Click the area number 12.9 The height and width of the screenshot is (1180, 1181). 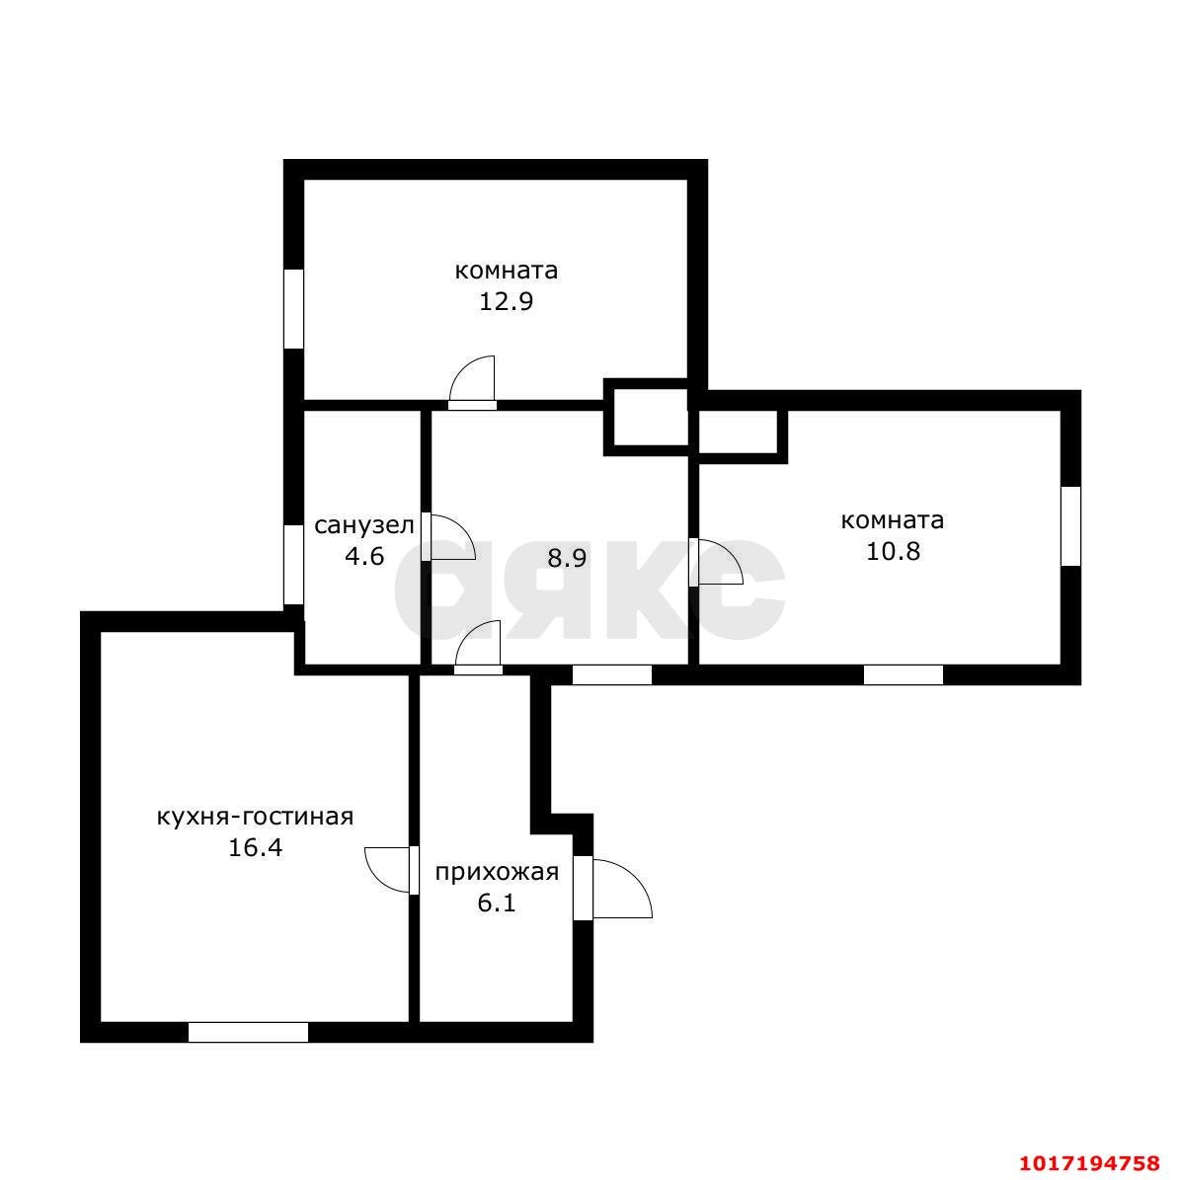(x=507, y=302)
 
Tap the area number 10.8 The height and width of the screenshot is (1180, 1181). (x=893, y=551)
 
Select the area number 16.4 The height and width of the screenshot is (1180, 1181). (x=256, y=848)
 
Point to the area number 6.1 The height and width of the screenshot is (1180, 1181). (x=497, y=903)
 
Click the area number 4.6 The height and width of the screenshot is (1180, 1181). (x=364, y=557)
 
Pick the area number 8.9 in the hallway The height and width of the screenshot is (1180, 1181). (x=567, y=559)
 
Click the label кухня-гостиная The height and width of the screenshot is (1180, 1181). (x=256, y=817)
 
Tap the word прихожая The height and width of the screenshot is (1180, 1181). (x=497, y=872)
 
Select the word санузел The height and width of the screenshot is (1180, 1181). (x=364, y=525)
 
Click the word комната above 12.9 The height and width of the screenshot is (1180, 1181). (x=507, y=271)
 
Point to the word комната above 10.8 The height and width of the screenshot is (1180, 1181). (x=893, y=520)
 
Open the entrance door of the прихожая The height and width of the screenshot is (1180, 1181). (x=611, y=888)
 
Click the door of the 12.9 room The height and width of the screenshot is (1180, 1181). (x=472, y=382)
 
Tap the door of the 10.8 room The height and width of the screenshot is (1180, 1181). (x=716, y=562)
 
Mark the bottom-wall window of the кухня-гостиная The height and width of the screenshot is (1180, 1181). (x=248, y=1032)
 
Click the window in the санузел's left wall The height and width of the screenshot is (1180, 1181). (x=293, y=565)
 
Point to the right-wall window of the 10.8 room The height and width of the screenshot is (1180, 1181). (x=1070, y=525)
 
